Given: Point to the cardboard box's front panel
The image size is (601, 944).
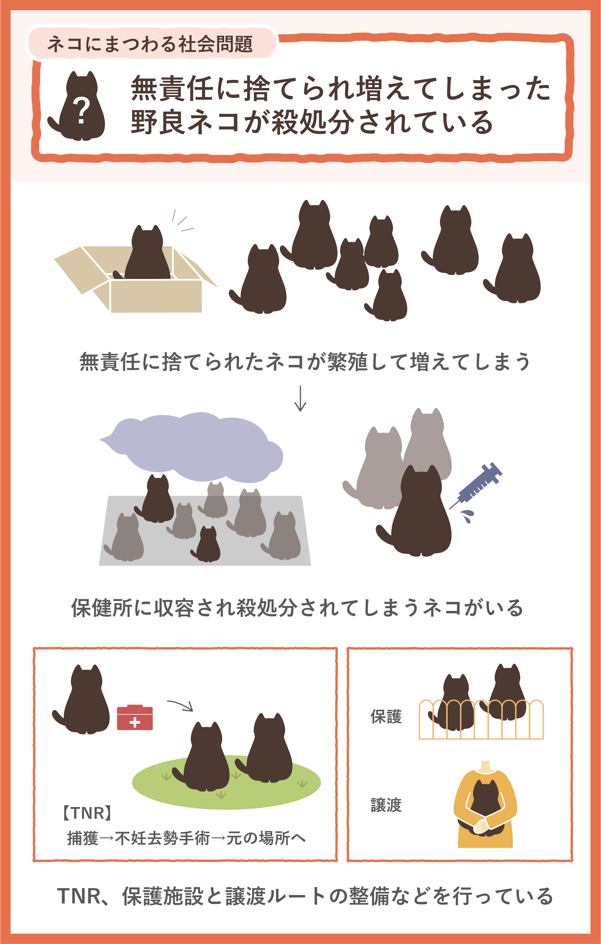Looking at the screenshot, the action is pos(156,296).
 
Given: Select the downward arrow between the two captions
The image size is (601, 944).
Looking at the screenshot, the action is pos(300,398).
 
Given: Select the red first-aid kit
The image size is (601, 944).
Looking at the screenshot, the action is pos(135,718).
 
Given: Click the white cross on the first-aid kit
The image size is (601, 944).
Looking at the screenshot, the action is pos(135,722).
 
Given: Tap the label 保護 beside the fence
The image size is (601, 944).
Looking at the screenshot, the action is pos(386,717).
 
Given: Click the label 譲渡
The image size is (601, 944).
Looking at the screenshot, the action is pos(386,805).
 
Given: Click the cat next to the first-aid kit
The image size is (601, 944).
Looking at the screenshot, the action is pos(83,700).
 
